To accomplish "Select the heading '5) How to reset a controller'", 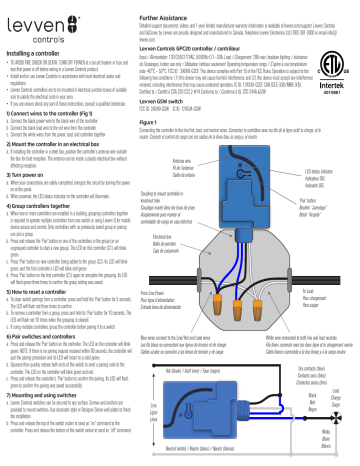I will pos(48,296).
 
